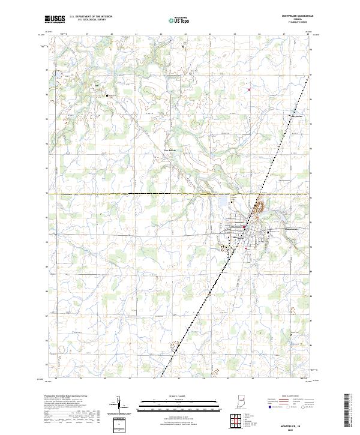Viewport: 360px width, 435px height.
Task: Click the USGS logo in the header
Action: click(55, 19)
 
